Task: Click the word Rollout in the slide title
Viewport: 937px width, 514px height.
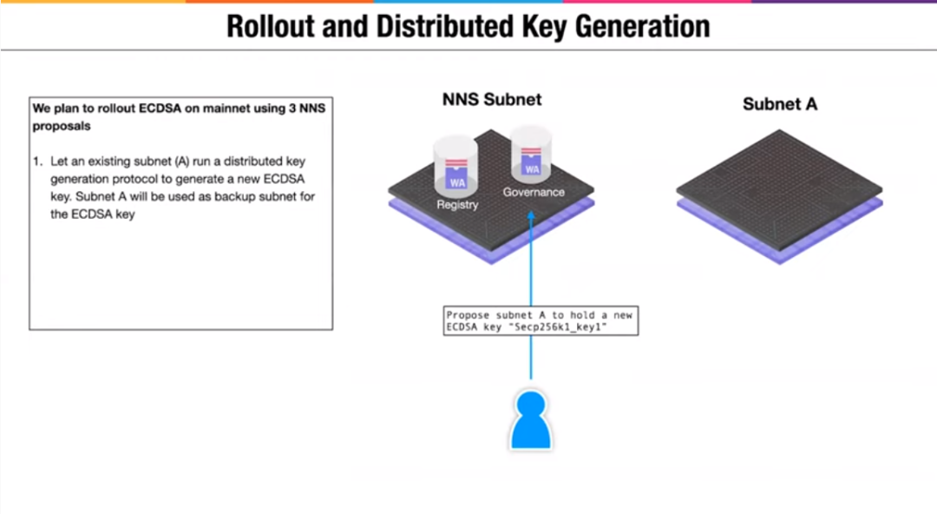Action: [269, 26]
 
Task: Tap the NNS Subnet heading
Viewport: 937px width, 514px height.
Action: [492, 100]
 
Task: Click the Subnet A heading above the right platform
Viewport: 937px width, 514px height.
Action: [780, 104]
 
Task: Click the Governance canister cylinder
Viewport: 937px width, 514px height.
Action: [532, 154]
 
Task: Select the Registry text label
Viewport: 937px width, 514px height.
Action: [457, 205]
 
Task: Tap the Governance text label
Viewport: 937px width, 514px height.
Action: [534, 192]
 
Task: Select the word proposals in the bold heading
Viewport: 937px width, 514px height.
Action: [62, 125]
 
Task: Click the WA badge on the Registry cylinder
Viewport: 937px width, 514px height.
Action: [456, 182]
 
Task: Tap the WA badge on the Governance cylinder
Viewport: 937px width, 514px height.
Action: [532, 169]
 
